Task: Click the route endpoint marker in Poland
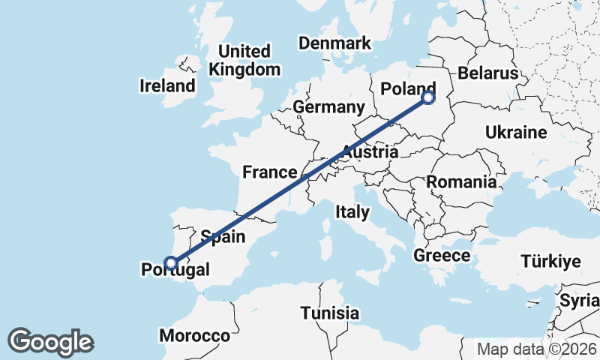tap(428, 97)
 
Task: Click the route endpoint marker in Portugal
tap(172, 262)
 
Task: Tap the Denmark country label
tap(334, 43)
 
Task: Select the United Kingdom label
tap(245, 61)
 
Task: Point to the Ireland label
tap(166, 85)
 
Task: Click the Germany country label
tap(328, 107)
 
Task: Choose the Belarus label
tap(488, 73)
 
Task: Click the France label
tap(269, 172)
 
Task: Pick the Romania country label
tap(461, 181)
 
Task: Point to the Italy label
tap(352, 212)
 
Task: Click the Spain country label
tap(223, 237)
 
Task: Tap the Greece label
tap(442, 256)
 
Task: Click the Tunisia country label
tap(329, 313)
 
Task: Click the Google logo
tap(50, 342)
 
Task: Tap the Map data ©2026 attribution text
tap(537, 349)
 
